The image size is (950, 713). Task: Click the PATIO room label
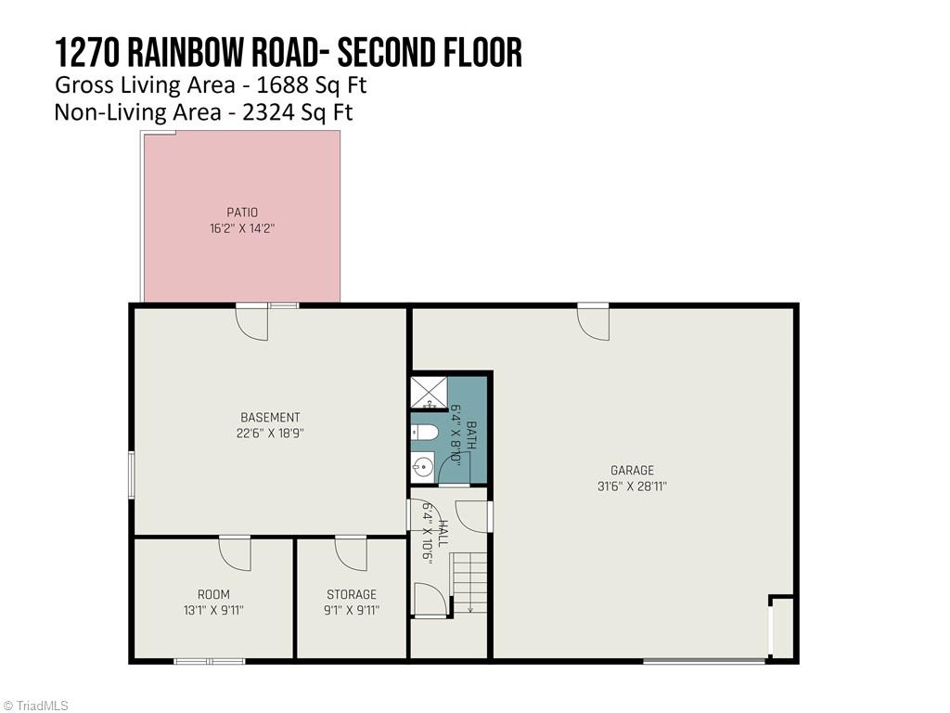(x=242, y=213)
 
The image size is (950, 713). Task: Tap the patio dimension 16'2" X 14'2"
(x=242, y=228)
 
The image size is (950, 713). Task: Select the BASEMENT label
(x=270, y=418)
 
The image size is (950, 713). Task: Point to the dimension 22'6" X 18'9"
(x=270, y=434)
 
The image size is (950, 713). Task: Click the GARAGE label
(x=632, y=470)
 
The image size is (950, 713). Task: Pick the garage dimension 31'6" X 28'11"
(x=632, y=486)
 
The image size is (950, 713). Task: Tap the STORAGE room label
(x=352, y=594)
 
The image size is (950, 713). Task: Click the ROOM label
(x=213, y=594)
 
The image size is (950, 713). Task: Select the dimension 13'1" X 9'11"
(x=213, y=610)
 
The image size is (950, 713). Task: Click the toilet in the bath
(x=427, y=433)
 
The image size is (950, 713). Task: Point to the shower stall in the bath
(x=429, y=393)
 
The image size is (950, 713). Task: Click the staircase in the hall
(x=469, y=583)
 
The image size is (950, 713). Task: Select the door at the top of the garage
(x=593, y=321)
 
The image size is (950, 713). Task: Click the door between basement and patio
(x=251, y=321)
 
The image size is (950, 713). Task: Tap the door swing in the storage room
(x=351, y=553)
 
